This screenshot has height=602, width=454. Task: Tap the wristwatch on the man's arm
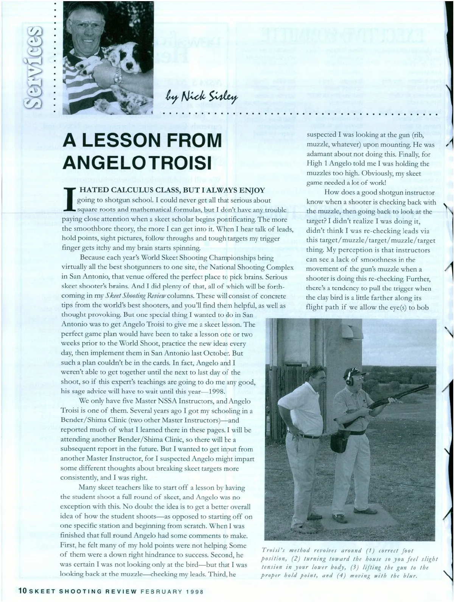coord(118,76)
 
